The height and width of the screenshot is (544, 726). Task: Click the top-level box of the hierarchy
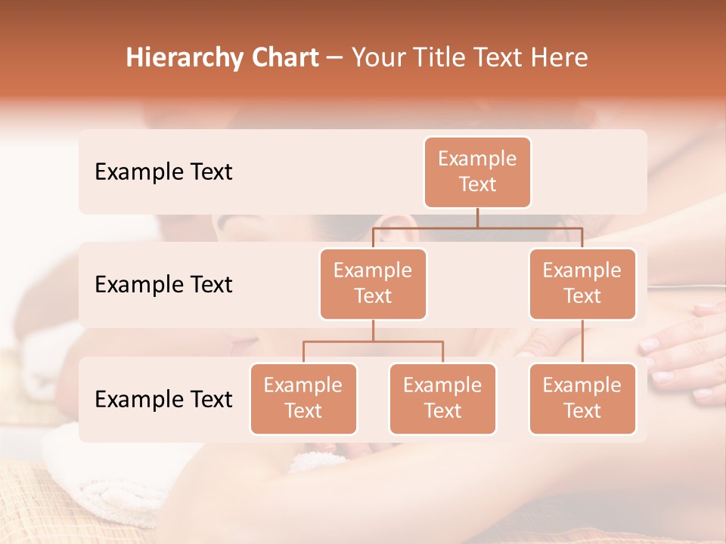[477, 172]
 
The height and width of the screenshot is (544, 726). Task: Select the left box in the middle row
[373, 284]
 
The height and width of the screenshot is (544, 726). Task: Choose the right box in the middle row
[582, 284]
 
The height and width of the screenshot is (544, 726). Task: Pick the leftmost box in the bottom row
[303, 399]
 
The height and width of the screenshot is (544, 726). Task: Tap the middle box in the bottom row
[442, 399]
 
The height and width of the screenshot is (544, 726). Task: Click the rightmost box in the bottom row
[582, 399]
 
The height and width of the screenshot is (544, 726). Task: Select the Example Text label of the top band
[163, 172]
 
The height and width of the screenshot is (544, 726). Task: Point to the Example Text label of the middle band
[163, 285]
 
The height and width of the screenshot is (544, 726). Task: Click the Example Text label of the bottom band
[163, 400]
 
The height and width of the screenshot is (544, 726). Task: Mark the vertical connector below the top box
[477, 218]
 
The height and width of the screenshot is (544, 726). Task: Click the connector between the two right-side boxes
[582, 342]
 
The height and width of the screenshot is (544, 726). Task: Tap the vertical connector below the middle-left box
[373, 330]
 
